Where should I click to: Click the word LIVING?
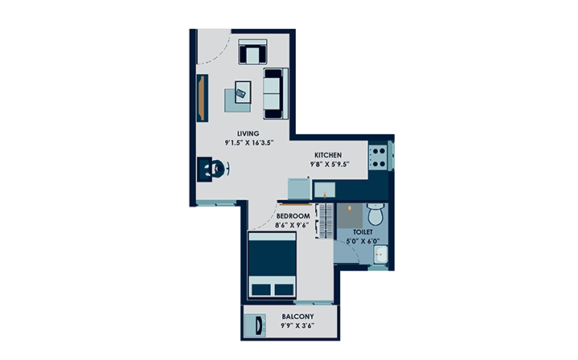247,133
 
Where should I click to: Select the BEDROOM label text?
293,216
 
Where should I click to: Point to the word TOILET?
361,231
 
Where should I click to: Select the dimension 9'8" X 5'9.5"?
329,166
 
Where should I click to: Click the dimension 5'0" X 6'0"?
362,240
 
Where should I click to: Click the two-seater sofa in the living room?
273,91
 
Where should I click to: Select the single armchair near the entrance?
252,52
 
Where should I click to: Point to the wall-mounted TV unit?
202,98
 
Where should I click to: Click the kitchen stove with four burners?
379,155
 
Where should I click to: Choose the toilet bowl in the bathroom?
375,215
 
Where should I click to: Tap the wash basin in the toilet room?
380,256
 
